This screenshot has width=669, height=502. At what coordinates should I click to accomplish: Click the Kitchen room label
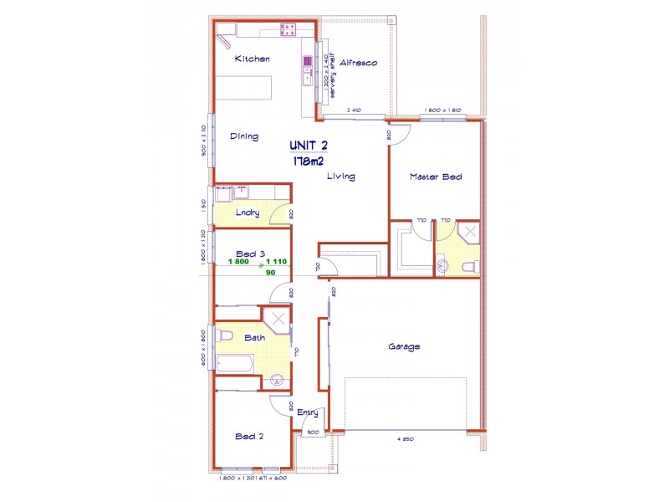[x=252, y=59]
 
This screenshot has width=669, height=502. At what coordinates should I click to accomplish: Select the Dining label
[x=244, y=136]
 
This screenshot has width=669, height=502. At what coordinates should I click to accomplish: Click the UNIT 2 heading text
[x=309, y=146]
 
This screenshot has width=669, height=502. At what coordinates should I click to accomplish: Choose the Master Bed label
[x=436, y=177]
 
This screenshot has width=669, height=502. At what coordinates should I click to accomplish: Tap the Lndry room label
[x=247, y=213]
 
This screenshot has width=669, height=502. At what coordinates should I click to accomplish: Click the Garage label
[x=403, y=346]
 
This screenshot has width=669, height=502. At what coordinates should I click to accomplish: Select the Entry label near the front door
[x=308, y=412]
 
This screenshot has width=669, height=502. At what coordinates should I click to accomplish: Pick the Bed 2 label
[x=249, y=436]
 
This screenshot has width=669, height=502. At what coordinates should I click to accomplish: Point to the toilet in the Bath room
[x=223, y=336]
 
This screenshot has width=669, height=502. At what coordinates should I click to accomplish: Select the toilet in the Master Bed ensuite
[x=469, y=266]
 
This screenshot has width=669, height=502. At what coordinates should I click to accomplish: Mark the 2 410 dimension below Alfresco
[x=354, y=110]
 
